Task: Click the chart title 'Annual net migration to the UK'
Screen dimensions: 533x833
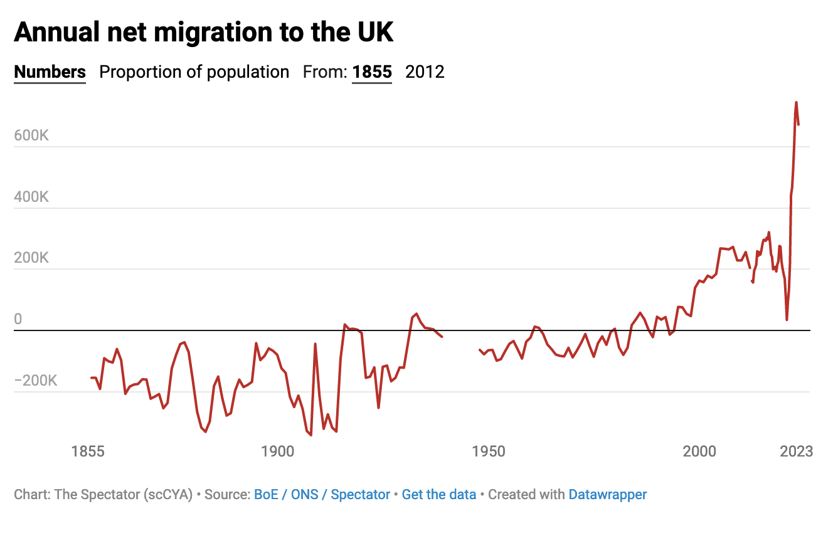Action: [x=204, y=31]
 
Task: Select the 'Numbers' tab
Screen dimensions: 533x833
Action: [x=50, y=72]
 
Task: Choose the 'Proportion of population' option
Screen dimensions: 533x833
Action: [x=194, y=72]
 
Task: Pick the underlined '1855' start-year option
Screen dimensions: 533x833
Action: [x=372, y=72]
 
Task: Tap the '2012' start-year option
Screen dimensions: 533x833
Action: [x=425, y=72]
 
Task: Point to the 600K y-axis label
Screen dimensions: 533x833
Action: [x=31, y=136]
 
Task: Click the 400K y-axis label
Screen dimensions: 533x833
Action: [x=31, y=198]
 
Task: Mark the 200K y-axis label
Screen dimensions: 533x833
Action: [x=31, y=258]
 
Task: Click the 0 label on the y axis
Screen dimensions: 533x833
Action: [x=18, y=320]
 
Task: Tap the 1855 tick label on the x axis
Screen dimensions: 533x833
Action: [x=88, y=451]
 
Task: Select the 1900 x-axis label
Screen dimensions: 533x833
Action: [x=277, y=451]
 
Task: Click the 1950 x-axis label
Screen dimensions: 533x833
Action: [x=489, y=451]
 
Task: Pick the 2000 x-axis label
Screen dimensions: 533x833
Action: [x=699, y=451]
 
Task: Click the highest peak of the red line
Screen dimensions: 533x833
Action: [x=796, y=102]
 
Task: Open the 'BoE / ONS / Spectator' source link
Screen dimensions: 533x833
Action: [x=322, y=495]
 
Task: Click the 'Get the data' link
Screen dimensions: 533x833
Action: [x=439, y=495]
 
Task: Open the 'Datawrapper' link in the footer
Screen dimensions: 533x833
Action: [x=607, y=495]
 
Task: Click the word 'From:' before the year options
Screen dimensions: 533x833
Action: [x=325, y=72]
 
